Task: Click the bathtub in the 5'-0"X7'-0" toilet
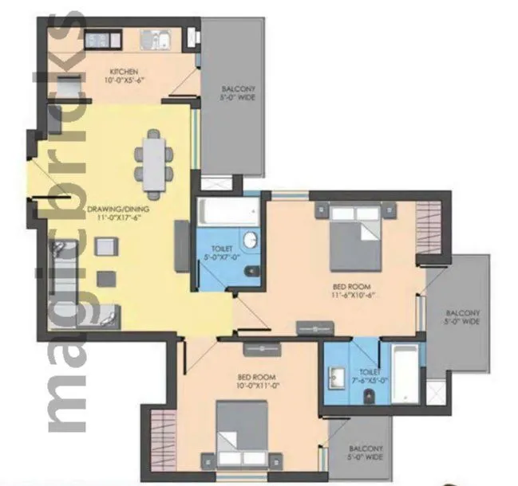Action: click(x=227, y=211)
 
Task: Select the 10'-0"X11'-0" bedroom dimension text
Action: click(x=256, y=383)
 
